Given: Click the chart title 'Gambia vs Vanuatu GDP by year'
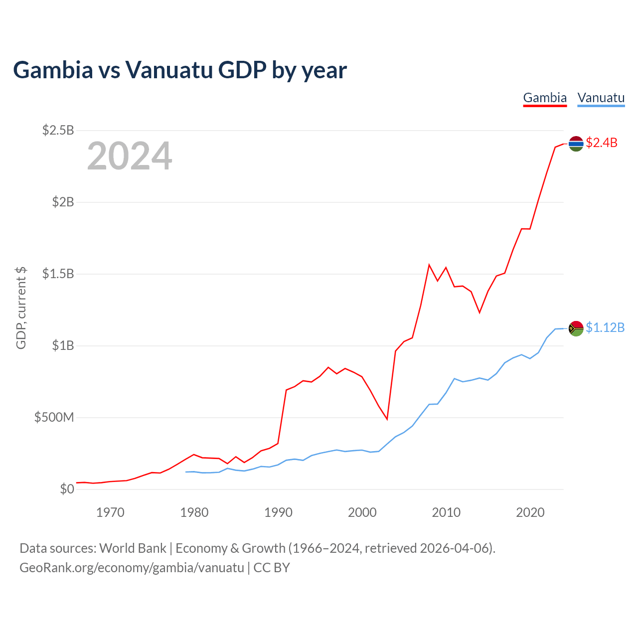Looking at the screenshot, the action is point(180,70).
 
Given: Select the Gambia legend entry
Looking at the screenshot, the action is point(545,98).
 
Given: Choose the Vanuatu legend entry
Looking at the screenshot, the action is point(601,98).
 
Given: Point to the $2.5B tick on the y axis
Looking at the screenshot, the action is point(58,131).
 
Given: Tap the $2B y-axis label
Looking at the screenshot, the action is point(63,202).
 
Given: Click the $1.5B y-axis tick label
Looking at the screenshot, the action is point(58,274).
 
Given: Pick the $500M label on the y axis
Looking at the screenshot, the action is point(54,418).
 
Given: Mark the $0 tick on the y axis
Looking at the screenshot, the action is point(67,489).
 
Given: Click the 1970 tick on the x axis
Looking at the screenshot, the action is point(110,512).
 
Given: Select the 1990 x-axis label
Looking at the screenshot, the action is point(278,512).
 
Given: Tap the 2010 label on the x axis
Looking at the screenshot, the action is point(446,512).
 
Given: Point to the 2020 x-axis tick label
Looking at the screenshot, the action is point(530,512).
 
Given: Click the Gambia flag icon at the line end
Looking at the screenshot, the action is point(576,144).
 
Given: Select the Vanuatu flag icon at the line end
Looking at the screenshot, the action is point(576,328).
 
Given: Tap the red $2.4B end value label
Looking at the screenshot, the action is point(601,143).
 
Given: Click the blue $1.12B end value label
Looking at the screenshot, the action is point(605,327).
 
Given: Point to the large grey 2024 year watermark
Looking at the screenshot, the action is point(130,156).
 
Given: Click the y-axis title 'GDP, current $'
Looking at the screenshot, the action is point(21,308).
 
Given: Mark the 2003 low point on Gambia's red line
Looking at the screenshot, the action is point(387,419).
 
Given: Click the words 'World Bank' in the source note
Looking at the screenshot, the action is point(133,548).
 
